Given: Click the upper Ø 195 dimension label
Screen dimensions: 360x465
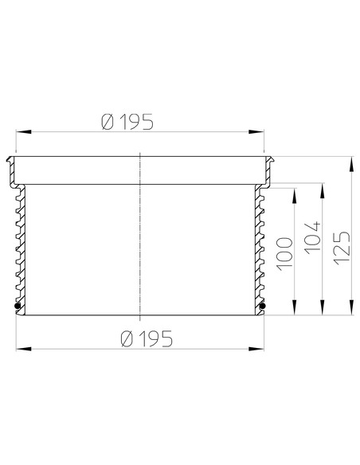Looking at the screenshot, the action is click(127, 122).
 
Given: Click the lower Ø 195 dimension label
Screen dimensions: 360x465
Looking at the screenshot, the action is click(147, 338).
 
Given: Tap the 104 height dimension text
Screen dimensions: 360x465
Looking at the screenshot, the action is click(312, 237).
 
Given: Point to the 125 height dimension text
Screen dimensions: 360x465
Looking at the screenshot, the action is click(342, 248).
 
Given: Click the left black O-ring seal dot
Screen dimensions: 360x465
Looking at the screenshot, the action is click(18, 306).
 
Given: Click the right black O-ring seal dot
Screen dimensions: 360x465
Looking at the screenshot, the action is click(262, 306).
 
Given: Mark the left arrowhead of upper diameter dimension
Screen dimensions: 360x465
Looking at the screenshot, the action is click(23, 131).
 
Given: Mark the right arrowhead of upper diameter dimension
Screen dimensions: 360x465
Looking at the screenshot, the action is click(256, 131).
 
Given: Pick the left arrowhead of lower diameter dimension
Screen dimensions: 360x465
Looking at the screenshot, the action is click(23, 349).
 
